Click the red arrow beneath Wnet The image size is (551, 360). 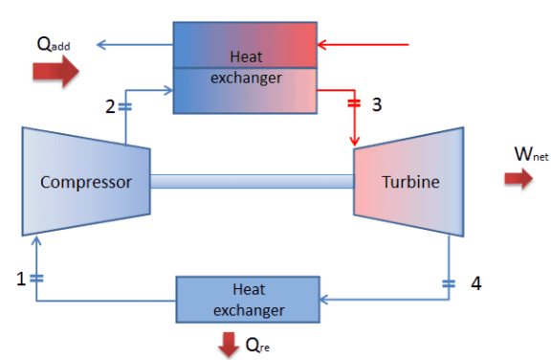pos(518,179)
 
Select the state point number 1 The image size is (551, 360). pos(21,279)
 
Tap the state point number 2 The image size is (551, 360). pos(111,105)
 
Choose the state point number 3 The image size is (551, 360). pos(377,104)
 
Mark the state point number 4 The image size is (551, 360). pos(475,283)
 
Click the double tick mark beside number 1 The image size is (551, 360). pos(36,279)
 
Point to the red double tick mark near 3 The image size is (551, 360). pos(356,103)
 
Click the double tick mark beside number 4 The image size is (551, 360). pos(449,282)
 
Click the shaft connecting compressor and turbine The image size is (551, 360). pos(253,181)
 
